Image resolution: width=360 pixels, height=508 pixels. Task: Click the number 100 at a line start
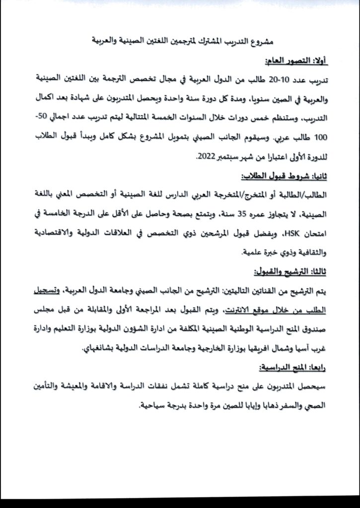(x=321, y=137)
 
